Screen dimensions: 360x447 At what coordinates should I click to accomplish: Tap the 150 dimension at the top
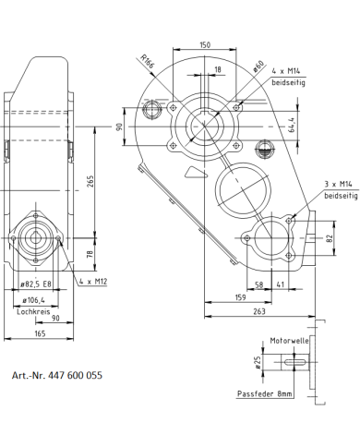tap(205, 45)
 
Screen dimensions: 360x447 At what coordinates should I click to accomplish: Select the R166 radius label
tap(147, 61)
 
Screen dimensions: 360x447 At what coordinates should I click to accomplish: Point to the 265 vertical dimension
tap(90, 181)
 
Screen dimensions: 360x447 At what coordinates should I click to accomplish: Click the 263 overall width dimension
tap(259, 311)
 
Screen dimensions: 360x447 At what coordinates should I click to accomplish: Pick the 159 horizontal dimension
tap(240, 297)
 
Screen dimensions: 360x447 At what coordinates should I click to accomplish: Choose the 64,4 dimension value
tap(292, 125)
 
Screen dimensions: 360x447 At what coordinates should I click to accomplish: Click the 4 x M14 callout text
tap(286, 71)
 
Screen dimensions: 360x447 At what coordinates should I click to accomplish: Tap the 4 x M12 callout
tap(93, 281)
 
